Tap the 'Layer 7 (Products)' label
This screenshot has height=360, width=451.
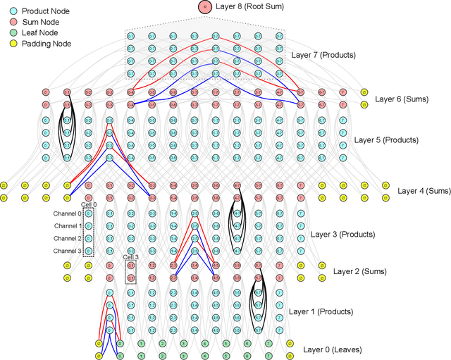click(324, 54)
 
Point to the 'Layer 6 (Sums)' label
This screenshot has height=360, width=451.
click(402, 99)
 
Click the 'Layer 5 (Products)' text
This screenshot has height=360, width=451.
click(386, 140)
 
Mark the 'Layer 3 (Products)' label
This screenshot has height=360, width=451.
click(343, 234)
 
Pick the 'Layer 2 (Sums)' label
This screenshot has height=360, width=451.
click(359, 271)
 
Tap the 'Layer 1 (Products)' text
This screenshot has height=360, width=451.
click(321, 311)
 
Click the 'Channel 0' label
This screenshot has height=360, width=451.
click(66, 213)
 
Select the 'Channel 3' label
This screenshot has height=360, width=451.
click(66, 251)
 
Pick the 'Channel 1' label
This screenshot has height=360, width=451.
click(66, 226)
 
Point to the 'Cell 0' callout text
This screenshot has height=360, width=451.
click(89, 204)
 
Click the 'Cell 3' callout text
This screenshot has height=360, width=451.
click(131, 257)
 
